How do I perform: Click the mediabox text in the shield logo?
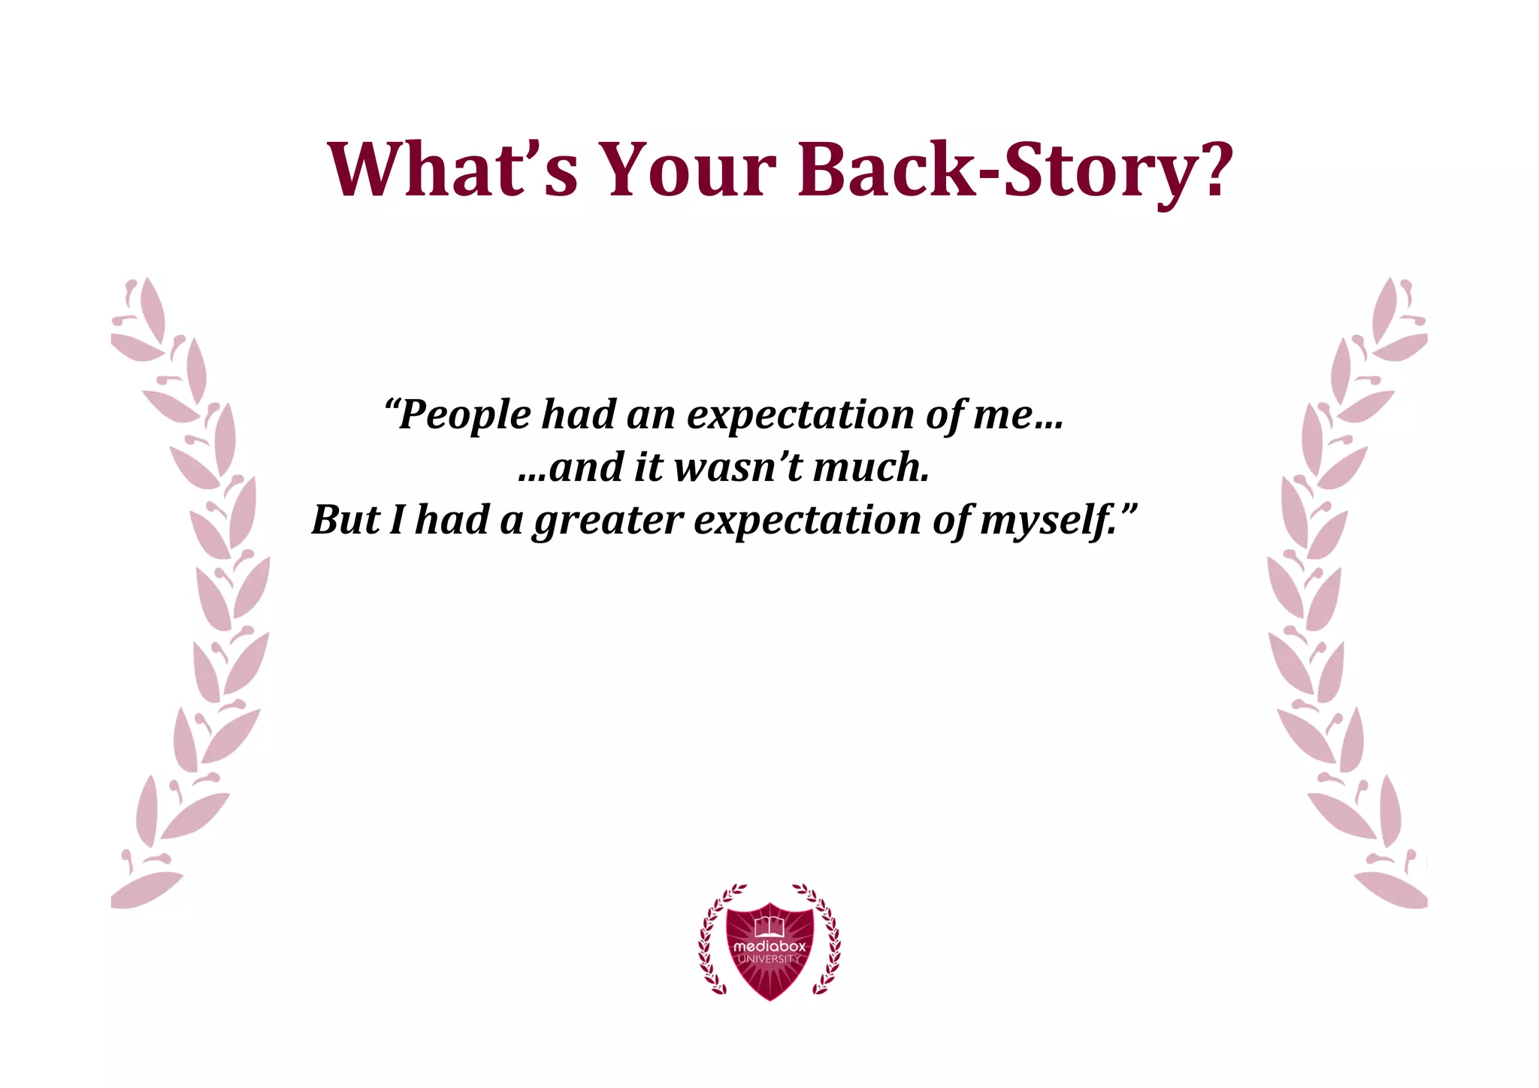point(769,947)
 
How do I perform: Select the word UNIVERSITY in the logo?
point(769,960)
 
